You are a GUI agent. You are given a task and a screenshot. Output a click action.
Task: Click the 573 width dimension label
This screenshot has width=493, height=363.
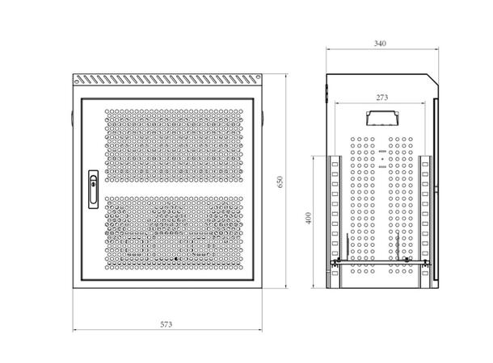[166, 324]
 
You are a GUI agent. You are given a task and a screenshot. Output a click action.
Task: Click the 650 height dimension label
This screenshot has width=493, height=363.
[280, 182]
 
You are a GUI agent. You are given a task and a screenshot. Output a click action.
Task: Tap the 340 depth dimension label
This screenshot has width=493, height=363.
[380, 44]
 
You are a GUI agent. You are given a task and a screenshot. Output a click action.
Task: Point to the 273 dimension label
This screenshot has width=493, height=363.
[382, 98]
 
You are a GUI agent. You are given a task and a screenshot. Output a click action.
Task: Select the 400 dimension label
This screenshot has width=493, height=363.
[309, 218]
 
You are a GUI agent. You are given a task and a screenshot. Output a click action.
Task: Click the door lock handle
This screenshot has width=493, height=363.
[93, 190]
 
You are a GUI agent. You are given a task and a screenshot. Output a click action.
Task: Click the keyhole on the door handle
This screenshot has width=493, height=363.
[93, 184]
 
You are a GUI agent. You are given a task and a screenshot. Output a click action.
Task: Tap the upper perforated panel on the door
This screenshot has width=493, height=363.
[174, 145]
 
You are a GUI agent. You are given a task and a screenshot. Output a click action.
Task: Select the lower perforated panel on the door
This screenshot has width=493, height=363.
[174, 233]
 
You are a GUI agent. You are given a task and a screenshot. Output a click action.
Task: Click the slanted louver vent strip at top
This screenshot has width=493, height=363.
[167, 79]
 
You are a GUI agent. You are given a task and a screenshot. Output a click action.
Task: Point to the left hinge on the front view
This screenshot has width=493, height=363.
[72, 119]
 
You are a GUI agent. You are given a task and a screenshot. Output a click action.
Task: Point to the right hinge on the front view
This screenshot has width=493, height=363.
[263, 119]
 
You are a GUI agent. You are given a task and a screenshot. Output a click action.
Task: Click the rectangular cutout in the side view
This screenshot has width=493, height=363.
[382, 118]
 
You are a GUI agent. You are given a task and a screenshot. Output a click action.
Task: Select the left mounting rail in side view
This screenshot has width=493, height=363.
[335, 222]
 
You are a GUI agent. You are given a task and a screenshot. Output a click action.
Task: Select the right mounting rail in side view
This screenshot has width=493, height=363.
[425, 222]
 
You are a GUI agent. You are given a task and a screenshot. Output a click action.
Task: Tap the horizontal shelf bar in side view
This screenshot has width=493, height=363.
[381, 261]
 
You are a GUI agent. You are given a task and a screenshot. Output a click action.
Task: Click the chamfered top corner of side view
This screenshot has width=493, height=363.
[432, 79]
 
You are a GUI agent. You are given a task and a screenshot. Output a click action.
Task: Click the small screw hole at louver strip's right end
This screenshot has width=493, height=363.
[258, 77]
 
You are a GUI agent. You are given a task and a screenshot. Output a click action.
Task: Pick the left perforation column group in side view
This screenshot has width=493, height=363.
[363, 205]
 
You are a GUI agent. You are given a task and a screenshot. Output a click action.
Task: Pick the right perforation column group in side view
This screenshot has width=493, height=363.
[401, 205]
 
